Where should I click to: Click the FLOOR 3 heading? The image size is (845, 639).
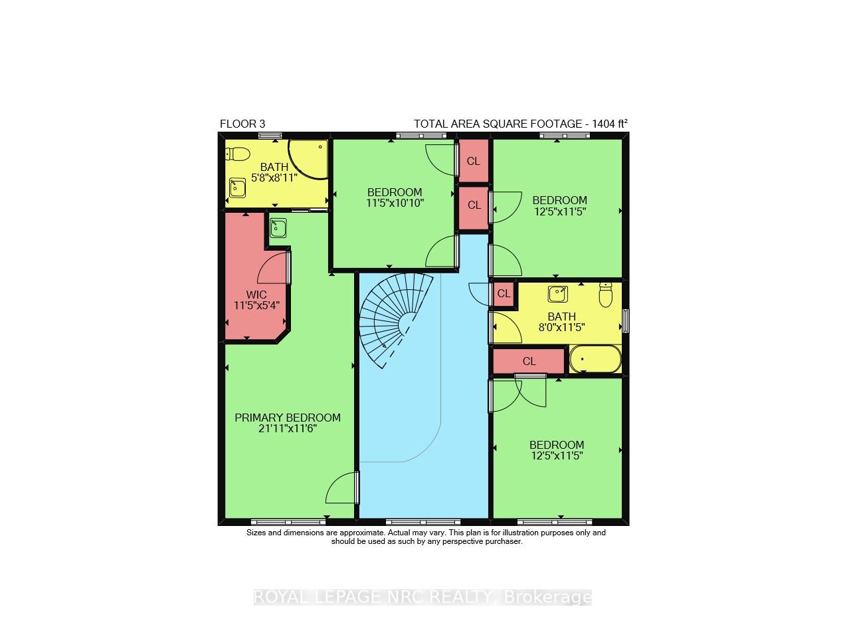coord(242,124)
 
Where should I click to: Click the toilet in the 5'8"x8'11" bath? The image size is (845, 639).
coord(237,154)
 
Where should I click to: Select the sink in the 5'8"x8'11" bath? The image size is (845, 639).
coord(237,189)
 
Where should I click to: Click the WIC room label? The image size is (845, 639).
coord(256,294)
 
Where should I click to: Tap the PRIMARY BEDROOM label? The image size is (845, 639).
coord(287,418)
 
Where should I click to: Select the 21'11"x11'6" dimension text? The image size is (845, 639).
coord(287,429)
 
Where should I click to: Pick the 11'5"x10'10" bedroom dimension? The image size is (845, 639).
coord(395,203)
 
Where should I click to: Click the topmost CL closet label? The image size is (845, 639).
coord(473,161)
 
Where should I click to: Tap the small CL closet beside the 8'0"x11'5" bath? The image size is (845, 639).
coord(504,294)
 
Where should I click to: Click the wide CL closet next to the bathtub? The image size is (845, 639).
coord(529,362)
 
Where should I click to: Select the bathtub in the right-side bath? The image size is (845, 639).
coord(595,360)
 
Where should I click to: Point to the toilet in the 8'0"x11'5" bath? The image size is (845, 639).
coord(605,295)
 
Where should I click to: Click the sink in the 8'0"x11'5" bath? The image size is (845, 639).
coord(557,293)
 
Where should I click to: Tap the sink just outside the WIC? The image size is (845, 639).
coord(278,228)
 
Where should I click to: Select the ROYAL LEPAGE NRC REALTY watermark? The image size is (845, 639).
coord(423,597)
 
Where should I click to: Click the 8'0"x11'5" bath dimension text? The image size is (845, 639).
coord(561,327)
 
